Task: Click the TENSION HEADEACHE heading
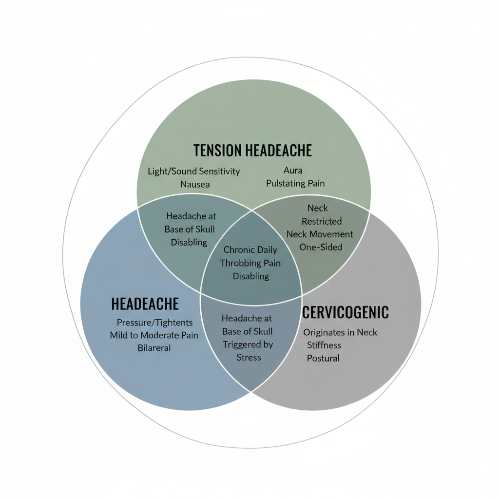click(x=252, y=150)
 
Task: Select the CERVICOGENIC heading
click(x=345, y=312)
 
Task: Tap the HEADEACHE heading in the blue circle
click(x=145, y=304)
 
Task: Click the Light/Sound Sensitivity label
click(x=194, y=172)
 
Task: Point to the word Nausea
click(x=195, y=184)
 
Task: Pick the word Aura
click(x=292, y=171)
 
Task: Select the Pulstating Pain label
click(x=295, y=184)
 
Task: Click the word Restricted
click(x=322, y=221)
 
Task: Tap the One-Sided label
click(x=321, y=247)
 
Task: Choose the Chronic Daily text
click(x=250, y=250)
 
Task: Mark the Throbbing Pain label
click(x=250, y=263)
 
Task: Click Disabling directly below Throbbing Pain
click(x=250, y=276)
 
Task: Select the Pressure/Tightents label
click(x=154, y=323)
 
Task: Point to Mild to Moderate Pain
click(x=154, y=335)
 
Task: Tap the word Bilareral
click(x=154, y=348)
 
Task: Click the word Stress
click(x=249, y=357)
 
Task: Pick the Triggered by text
click(x=248, y=345)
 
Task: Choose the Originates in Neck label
click(x=340, y=332)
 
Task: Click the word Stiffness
click(x=324, y=345)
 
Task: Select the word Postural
click(x=323, y=358)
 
